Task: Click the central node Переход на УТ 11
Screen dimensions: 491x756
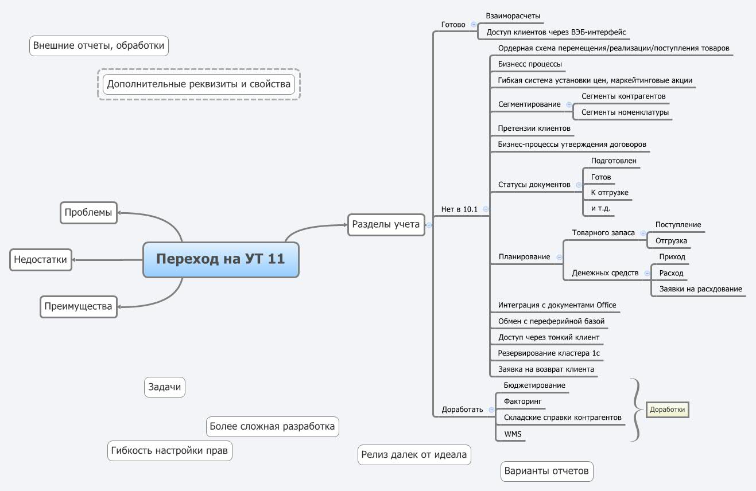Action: pyautogui.click(x=220, y=259)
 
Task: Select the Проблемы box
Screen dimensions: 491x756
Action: pyautogui.click(x=88, y=212)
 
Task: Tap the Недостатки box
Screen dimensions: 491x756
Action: pyautogui.click(x=40, y=259)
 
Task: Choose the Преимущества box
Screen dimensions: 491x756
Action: pyautogui.click(x=78, y=306)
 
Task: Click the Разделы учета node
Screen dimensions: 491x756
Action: pyautogui.click(x=386, y=224)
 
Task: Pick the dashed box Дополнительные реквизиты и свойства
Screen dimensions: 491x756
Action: pyautogui.click(x=199, y=84)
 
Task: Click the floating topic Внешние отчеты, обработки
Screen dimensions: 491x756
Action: pyautogui.click(x=99, y=45)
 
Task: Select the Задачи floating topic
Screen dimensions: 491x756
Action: pyautogui.click(x=164, y=387)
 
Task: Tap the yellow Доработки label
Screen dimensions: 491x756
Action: pyautogui.click(x=668, y=410)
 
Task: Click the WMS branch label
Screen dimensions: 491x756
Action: pyautogui.click(x=513, y=434)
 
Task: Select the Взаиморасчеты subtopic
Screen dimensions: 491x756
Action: pyautogui.click(x=513, y=16)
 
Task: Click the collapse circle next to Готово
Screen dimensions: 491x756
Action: pyautogui.click(x=474, y=25)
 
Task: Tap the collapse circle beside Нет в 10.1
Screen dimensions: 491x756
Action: pyautogui.click(x=486, y=209)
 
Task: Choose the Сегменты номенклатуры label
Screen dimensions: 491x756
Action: pyautogui.click(x=625, y=112)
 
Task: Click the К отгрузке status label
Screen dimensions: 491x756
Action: pyautogui.click(x=609, y=192)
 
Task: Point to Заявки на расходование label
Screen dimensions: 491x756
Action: pyautogui.click(x=700, y=289)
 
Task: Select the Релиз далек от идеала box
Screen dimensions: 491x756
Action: pyautogui.click(x=414, y=455)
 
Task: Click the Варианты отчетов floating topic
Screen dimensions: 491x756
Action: pyautogui.click(x=546, y=471)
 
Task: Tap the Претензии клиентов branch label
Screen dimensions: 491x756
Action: pyautogui.click(x=534, y=128)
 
